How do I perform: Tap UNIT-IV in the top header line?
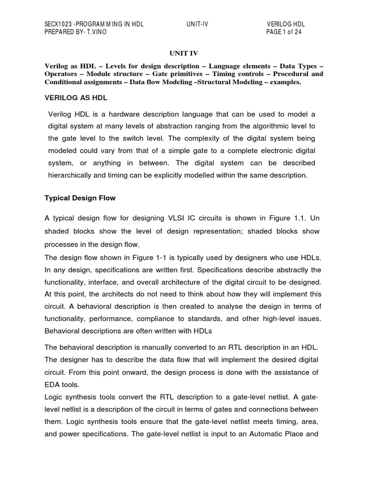[x=198, y=24]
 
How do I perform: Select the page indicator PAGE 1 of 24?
[x=284, y=32]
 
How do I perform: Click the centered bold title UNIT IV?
[x=184, y=53]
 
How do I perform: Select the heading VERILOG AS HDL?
[x=76, y=98]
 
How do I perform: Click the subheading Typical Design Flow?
[x=80, y=198]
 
